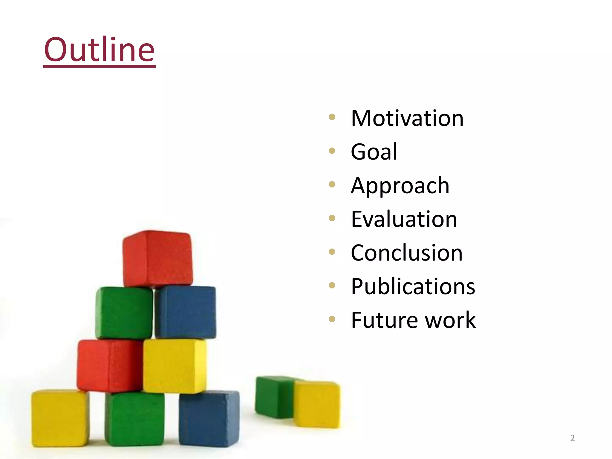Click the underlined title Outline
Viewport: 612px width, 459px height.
pos(99,50)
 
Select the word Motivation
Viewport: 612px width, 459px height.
pos(407,118)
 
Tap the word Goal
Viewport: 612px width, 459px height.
pos(374,152)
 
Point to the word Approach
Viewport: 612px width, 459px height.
pos(400,186)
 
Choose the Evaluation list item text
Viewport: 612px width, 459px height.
pos(404,219)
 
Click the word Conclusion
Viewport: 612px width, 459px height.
pos(407,253)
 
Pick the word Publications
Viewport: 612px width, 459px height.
pos(413,287)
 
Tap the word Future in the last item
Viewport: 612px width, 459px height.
pos(385,320)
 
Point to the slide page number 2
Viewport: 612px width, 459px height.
pos(572,438)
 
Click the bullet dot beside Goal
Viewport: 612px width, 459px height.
pos(332,151)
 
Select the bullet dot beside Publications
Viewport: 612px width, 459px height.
pos(332,285)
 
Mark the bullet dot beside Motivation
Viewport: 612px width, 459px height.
pos(332,117)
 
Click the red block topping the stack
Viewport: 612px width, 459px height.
pos(157,258)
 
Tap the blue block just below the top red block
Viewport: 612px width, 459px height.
pos(185,312)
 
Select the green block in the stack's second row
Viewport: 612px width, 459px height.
pos(124,313)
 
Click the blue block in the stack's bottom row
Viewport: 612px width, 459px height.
pos(209,418)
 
